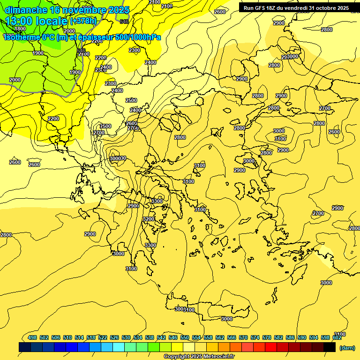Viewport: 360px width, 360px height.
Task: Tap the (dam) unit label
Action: pyautogui.click(x=346, y=347)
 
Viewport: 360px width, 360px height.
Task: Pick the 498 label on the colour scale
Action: pyautogui.click(x=32, y=337)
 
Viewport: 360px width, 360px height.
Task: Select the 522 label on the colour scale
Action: pyautogui.click(x=103, y=337)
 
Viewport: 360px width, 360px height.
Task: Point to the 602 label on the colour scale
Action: pyautogui.click(x=337, y=337)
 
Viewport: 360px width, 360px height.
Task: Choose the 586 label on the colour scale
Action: pyautogui.click(x=290, y=337)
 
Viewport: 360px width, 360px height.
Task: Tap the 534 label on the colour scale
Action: pyautogui.click(x=138, y=337)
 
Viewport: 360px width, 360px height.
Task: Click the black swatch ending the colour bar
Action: pyautogui.click(x=330, y=347)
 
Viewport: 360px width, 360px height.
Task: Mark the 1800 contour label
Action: pyautogui.click(x=20, y=29)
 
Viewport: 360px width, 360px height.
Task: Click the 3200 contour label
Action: pyautogui.click(x=149, y=219)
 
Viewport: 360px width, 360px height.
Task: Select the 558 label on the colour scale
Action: pyautogui.click(x=208, y=337)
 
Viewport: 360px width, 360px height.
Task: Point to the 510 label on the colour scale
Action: pyautogui.click(x=67, y=337)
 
